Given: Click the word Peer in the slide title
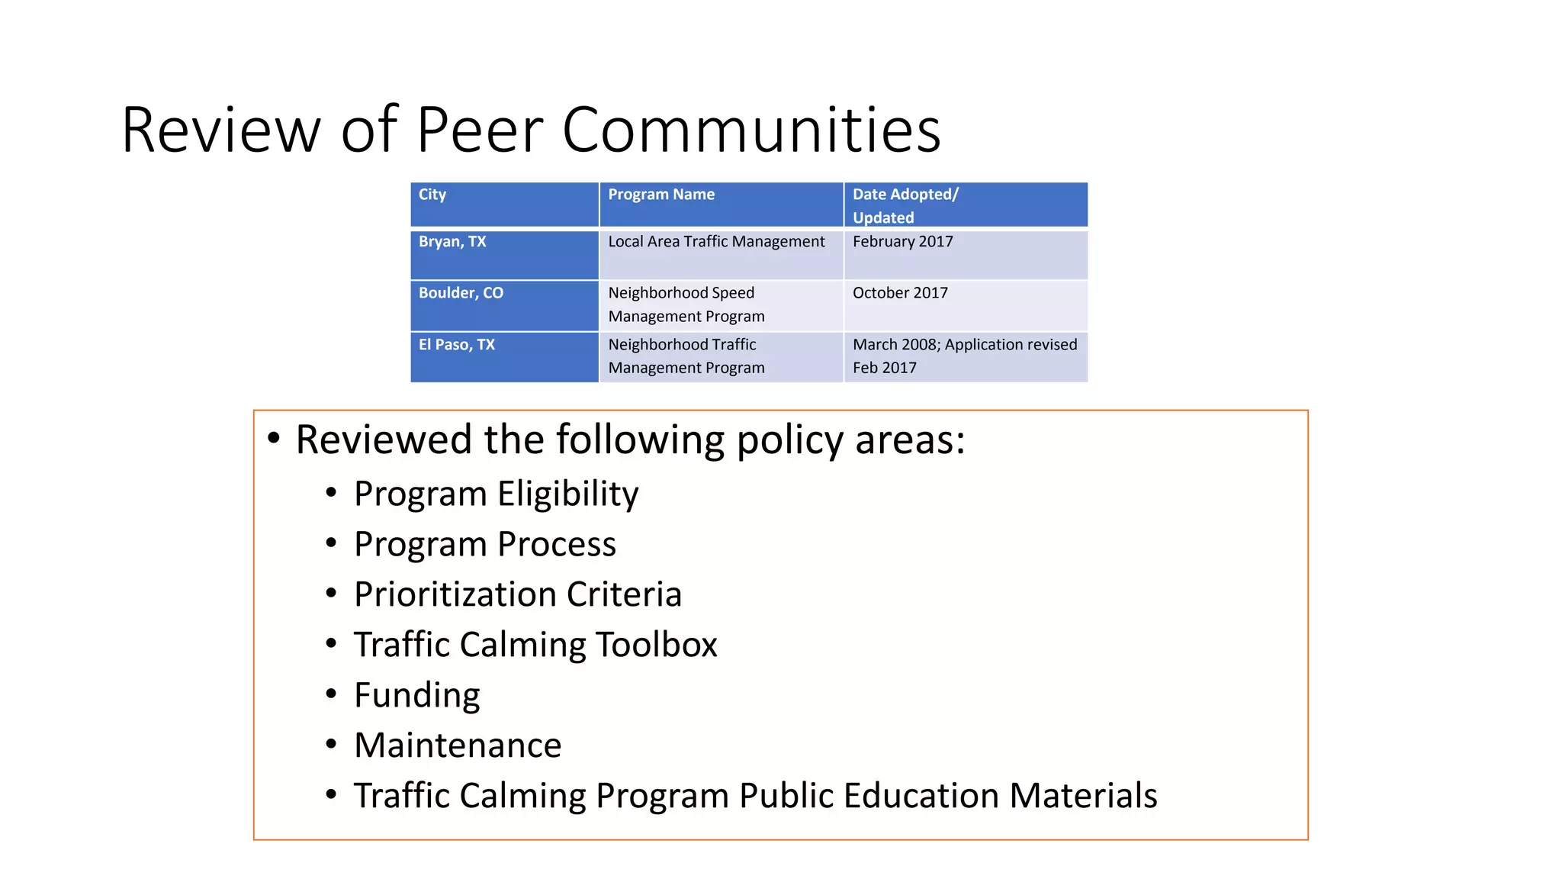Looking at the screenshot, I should point(479,130).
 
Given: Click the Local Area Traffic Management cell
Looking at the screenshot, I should point(716,242).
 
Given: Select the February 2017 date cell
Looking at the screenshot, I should point(903,242).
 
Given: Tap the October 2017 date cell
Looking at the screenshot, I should point(900,293).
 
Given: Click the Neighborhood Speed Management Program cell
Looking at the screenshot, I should point(686,304).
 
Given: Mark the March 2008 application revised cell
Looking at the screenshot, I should point(964,356).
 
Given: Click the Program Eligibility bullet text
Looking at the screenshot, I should point(496,494).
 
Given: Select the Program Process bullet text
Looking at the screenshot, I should point(484,544).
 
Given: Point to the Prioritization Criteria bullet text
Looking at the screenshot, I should point(518,594).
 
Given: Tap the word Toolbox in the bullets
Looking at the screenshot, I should point(656,645).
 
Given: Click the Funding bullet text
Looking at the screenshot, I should point(416,695).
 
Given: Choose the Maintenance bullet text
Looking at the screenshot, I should point(458,745).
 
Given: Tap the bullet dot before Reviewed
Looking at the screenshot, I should point(274,439).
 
